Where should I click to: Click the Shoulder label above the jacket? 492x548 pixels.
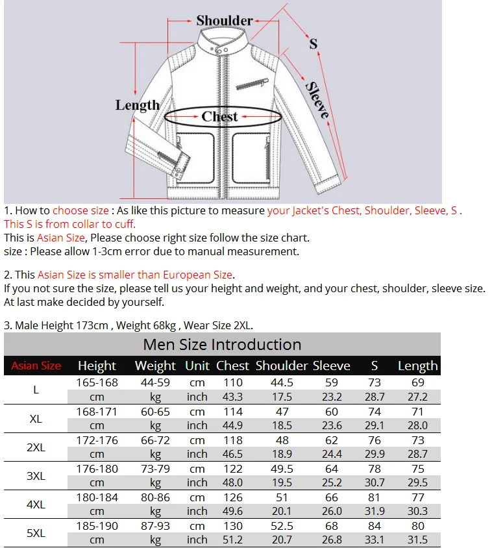tap(224, 21)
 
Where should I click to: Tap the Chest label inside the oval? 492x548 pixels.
tap(219, 117)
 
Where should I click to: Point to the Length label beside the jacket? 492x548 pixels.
tap(137, 105)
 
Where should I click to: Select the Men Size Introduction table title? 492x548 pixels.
tap(222, 345)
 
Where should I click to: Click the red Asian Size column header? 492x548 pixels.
tap(36, 366)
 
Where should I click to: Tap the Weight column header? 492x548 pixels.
tap(155, 366)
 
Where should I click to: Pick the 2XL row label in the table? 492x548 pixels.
tap(36, 447)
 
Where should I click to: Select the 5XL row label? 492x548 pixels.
tap(36, 533)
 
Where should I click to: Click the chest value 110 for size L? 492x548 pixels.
tap(233, 382)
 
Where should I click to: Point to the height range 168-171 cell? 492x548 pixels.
tap(97, 411)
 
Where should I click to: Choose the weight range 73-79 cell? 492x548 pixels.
tap(155, 468)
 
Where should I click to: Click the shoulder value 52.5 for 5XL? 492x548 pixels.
tap(282, 525)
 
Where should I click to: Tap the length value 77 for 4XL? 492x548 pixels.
tap(417, 497)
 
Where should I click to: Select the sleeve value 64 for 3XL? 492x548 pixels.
tap(332, 468)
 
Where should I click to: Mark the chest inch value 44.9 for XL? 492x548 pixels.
tap(233, 425)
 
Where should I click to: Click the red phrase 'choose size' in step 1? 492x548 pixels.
tap(80, 210)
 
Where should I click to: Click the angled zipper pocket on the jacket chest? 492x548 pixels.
tap(253, 84)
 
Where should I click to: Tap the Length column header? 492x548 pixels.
tap(417, 366)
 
